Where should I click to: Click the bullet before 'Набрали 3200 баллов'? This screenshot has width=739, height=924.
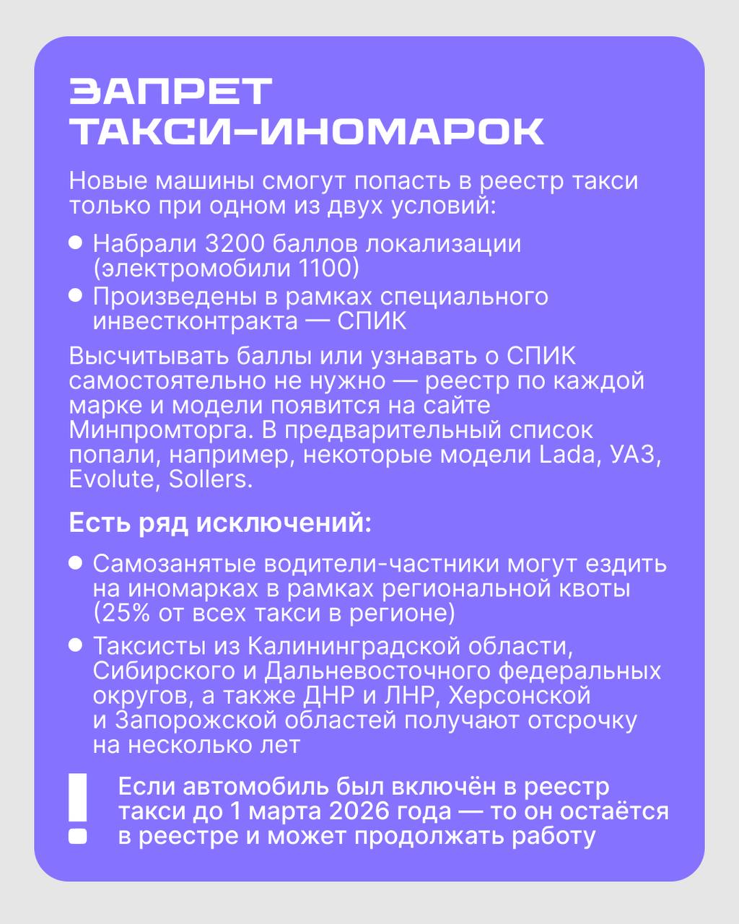75,243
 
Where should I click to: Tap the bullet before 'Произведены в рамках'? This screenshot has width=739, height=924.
75,296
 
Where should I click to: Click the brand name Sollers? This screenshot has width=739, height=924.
210,480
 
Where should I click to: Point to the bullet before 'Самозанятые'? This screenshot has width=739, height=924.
75,563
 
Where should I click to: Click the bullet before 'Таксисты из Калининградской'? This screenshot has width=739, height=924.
75,645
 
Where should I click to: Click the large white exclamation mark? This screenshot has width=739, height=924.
77,808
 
